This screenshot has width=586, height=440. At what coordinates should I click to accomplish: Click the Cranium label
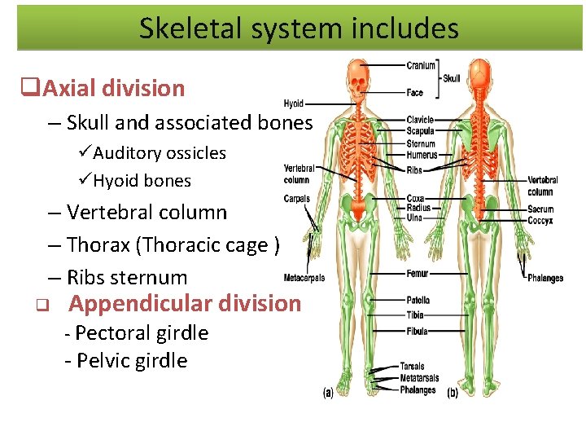[x=421, y=65]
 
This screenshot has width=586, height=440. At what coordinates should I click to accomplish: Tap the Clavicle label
[x=420, y=121]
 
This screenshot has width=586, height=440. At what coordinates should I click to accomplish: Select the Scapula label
[x=420, y=130]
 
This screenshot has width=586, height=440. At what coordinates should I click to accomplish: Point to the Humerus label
[x=422, y=155]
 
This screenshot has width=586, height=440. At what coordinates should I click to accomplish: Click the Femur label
[x=417, y=274]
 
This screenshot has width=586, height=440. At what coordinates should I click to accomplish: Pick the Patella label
[x=418, y=301]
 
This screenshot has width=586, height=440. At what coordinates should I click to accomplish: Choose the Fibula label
[x=417, y=331]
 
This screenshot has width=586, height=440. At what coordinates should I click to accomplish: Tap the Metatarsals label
[x=419, y=378]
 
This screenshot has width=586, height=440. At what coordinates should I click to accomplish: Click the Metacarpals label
[x=304, y=278]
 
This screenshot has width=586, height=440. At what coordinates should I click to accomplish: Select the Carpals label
[x=296, y=199]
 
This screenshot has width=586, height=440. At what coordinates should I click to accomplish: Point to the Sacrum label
[x=540, y=209]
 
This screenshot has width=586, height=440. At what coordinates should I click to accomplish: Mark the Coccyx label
[x=540, y=220]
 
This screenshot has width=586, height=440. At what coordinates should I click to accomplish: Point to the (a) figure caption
[x=328, y=393]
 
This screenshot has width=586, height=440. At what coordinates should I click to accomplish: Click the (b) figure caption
[x=452, y=393]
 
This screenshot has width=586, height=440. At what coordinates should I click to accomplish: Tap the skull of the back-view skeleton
[x=482, y=76]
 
